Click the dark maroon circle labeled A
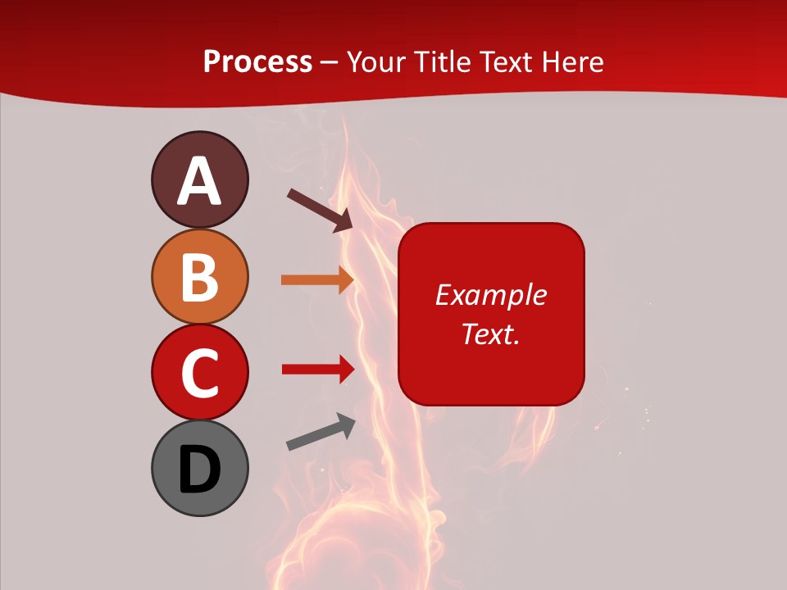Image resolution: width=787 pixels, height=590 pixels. (x=199, y=179)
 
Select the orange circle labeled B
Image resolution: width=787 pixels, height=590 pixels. (x=199, y=276)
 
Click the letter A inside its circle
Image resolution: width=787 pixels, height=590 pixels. (x=199, y=181)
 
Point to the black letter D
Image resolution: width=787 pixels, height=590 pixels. (x=199, y=470)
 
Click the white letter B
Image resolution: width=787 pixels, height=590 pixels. (x=199, y=277)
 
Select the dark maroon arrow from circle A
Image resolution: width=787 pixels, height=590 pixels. (x=320, y=210)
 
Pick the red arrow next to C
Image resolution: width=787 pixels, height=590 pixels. (x=317, y=369)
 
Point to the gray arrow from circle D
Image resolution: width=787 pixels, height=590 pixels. (x=321, y=432)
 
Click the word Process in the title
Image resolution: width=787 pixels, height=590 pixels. (x=257, y=62)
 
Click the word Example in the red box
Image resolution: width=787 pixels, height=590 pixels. (x=490, y=295)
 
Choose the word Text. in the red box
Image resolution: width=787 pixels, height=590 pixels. (x=490, y=334)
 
